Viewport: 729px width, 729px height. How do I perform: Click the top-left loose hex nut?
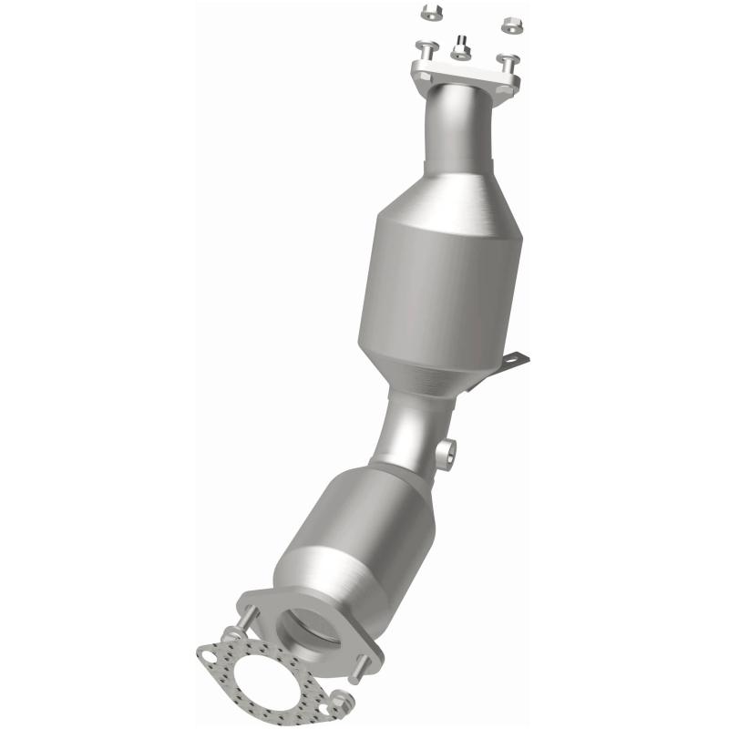tap(431, 13)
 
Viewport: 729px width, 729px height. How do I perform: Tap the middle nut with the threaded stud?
tap(461, 47)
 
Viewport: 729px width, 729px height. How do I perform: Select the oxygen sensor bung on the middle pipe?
tap(447, 454)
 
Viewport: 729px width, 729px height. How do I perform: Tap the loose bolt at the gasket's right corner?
tap(339, 702)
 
